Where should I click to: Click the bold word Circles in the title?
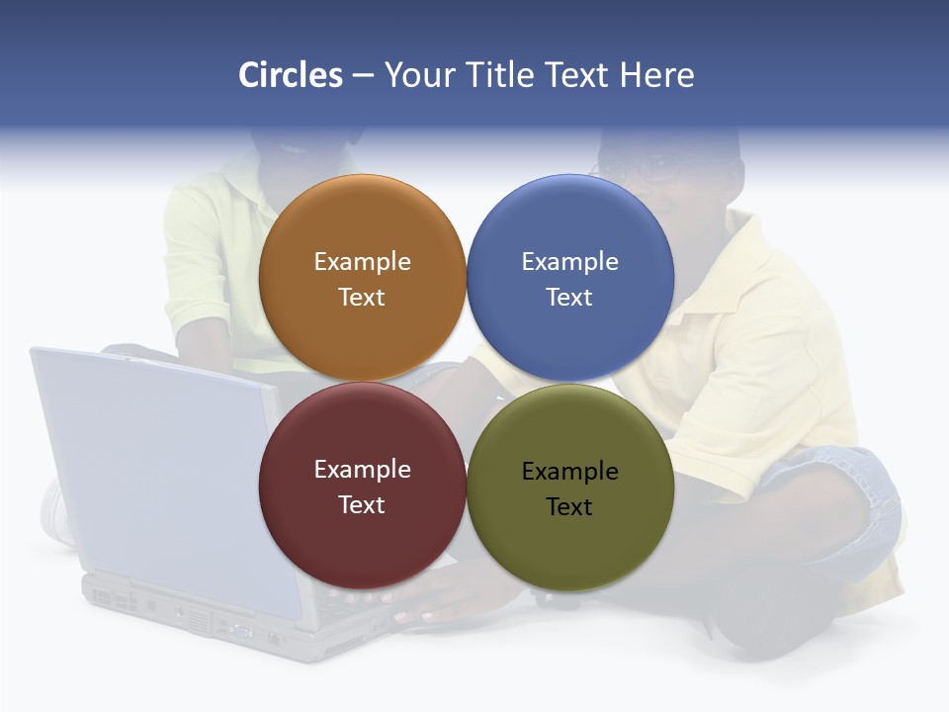pos(290,75)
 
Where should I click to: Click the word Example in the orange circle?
pos(362,262)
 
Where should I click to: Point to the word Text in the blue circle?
pos(569,298)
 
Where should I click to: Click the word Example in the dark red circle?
pos(362,470)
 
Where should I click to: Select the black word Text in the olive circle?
pos(569,507)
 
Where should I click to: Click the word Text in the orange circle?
pos(362,298)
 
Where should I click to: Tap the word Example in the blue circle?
pos(569,262)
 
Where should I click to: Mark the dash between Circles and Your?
pos(363,76)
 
